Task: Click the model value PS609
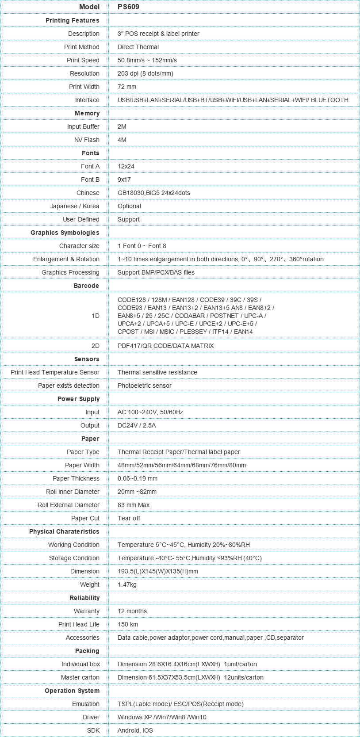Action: (128, 7)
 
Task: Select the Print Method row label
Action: (82, 47)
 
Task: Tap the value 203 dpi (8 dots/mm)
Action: (145, 73)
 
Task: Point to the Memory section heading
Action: (87, 113)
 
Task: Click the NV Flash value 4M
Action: (122, 140)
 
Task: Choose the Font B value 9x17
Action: (124, 179)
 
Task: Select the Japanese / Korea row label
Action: (75, 206)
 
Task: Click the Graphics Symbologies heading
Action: (65, 233)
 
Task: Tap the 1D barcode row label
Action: (96, 316)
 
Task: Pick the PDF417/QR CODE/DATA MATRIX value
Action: (165, 346)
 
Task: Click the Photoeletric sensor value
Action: (144, 386)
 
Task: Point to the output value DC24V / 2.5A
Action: (137, 425)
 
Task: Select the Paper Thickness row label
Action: (76, 478)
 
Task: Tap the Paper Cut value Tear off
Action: (129, 518)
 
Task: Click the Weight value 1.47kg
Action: (127, 584)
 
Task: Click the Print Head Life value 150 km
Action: (128, 624)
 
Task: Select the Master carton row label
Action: (80, 677)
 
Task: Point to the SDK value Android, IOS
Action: (135, 730)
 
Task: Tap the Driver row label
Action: (91, 717)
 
